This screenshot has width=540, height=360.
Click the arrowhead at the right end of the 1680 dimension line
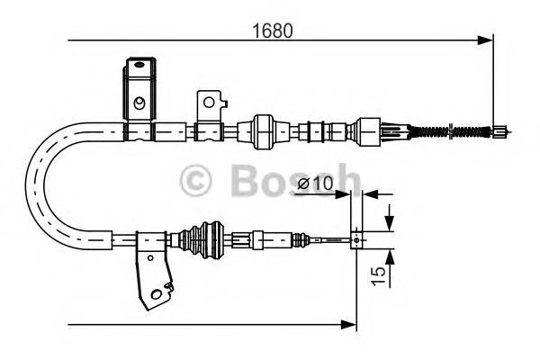(x=487, y=40)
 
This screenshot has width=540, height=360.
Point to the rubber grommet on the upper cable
(x=264, y=131)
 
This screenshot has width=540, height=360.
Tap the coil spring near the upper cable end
(x=445, y=132)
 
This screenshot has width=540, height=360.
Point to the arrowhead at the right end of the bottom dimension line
(x=352, y=322)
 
